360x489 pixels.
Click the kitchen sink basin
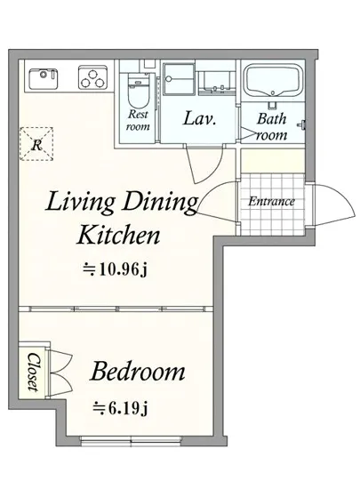pos(44,78)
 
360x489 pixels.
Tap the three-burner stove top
pos(92,76)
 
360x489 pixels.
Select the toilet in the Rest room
pos(136,92)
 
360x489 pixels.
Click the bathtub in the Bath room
pos(273,80)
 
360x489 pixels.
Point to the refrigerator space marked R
pos(36,144)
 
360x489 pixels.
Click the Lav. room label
pos(199,119)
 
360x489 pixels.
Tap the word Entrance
pos(271,202)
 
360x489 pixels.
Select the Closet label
pos(33,372)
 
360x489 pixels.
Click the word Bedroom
pos(137,372)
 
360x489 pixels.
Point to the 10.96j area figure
pos(115,269)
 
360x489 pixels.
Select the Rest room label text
pos(138,120)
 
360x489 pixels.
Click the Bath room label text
pos(272,127)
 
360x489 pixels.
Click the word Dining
pos(160,204)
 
